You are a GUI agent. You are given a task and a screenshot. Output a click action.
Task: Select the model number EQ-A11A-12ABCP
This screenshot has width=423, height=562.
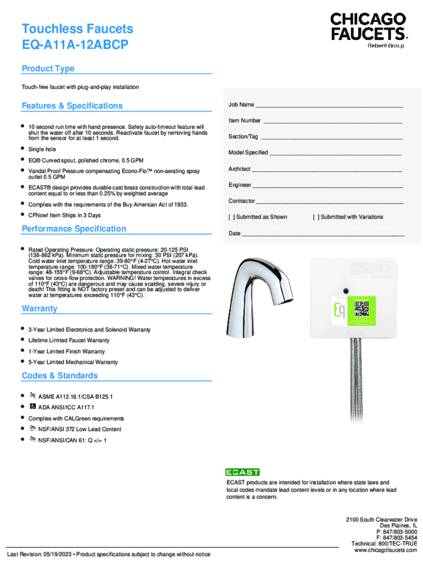pyautogui.click(x=75, y=45)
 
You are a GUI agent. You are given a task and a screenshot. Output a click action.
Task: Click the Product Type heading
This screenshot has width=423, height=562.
pyautogui.click(x=48, y=69)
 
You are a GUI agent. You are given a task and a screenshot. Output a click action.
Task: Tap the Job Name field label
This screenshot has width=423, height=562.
pyautogui.click(x=241, y=104)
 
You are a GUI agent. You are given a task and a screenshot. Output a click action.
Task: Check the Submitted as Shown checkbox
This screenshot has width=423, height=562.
pyautogui.click(x=231, y=217)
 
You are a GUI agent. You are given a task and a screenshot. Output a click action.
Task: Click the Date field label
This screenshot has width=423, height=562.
pyautogui.click(x=235, y=233)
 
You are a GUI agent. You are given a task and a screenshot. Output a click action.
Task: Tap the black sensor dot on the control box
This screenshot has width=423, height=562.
pyautogui.click(x=346, y=290)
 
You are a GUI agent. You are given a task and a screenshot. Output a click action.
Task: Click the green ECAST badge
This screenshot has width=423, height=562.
pyautogui.click(x=242, y=472)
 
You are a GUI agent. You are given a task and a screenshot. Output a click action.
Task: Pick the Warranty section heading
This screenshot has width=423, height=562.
pyautogui.click(x=40, y=308)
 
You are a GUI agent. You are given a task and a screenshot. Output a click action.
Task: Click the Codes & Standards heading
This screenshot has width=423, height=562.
pyautogui.click(x=59, y=375)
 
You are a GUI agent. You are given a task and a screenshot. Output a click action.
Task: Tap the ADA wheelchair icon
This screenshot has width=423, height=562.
pyautogui.click(x=33, y=407)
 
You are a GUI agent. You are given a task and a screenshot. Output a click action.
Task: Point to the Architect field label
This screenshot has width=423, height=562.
pyautogui.click(x=240, y=169)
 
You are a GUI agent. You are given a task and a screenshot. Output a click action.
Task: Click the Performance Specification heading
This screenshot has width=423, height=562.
pyautogui.click(x=74, y=228)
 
